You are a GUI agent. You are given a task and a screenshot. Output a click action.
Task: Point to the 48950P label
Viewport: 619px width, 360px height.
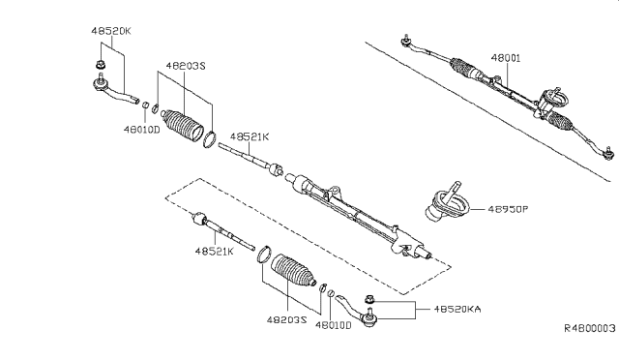tap(510, 208)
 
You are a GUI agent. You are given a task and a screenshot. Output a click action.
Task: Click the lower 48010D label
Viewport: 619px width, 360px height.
tap(336, 326)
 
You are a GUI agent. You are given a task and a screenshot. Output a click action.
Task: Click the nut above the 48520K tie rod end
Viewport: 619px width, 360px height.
tap(101, 67)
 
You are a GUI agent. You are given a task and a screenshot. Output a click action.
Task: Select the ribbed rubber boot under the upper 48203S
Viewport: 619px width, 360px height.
tap(183, 122)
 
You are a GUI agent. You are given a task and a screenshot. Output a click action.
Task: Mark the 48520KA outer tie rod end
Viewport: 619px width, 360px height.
tap(358, 315)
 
